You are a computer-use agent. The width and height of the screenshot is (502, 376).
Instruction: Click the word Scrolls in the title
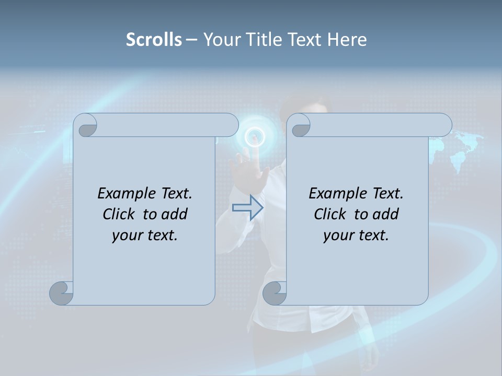pyautogui.click(x=154, y=40)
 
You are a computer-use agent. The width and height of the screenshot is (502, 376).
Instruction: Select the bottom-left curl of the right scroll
pyautogui.click(x=275, y=293)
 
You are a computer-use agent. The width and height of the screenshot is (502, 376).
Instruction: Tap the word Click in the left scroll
pyautogui.click(x=121, y=214)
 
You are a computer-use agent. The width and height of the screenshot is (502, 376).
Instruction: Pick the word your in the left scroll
pyautogui.click(x=127, y=236)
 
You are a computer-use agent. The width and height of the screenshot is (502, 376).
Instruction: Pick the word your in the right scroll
pyautogui.click(x=338, y=236)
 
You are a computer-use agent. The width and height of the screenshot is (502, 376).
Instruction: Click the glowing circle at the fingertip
pyautogui.click(x=255, y=137)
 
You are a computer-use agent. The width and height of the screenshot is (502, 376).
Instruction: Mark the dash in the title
pyautogui.click(x=191, y=40)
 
